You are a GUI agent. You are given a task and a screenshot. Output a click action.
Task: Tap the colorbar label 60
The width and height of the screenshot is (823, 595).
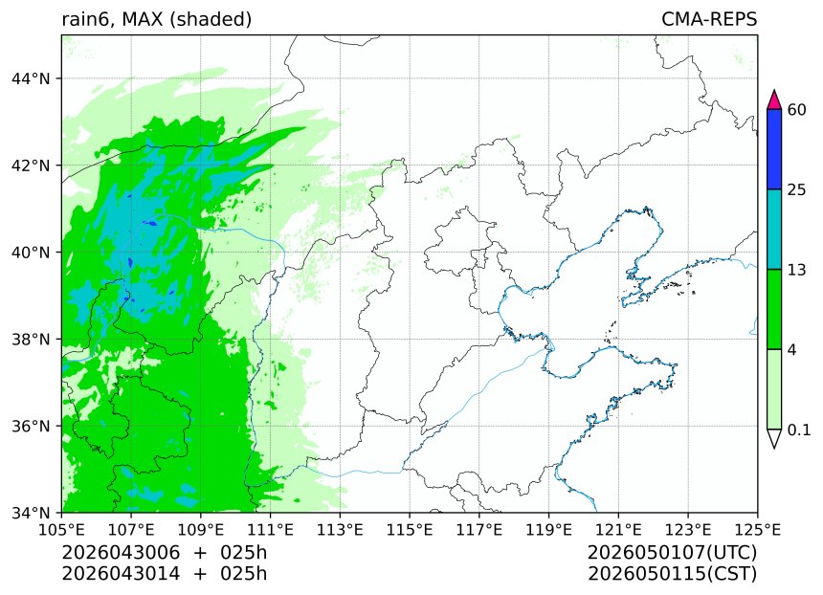click(796, 109)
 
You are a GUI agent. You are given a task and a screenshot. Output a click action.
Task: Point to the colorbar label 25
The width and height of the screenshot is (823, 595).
click(796, 189)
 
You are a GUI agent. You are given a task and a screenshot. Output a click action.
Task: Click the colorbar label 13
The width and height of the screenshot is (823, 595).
click(796, 270)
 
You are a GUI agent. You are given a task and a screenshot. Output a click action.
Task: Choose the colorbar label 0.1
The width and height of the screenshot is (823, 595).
click(799, 430)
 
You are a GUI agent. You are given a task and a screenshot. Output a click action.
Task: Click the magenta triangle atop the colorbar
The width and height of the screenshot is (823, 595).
click(775, 99)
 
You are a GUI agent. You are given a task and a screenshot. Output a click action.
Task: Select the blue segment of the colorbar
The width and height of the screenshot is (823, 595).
click(775, 149)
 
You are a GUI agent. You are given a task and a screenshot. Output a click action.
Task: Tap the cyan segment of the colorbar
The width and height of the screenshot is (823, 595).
click(775, 230)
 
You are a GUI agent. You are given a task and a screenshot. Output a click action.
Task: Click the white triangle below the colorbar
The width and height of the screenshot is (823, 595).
click(775, 438)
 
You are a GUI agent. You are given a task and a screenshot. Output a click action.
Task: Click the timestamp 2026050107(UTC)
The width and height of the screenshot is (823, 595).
click(672, 553)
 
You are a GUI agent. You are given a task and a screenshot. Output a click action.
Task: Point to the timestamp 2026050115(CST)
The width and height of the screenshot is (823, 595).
click(672, 574)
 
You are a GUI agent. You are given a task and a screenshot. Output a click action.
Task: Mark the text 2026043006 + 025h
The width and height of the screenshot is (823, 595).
click(164, 553)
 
